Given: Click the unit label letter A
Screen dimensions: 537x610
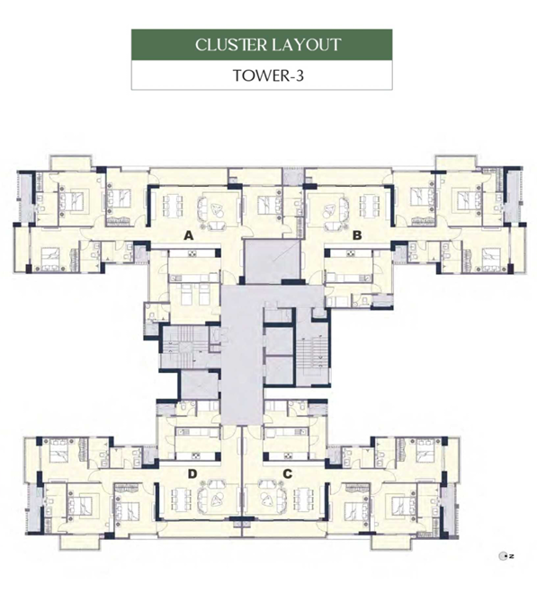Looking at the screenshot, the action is click(x=189, y=235).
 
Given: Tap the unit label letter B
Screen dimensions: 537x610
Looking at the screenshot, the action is click(x=357, y=235).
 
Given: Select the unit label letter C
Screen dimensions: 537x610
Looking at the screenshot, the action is click(x=287, y=473).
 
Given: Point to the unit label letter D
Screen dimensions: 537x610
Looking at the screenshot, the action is click(x=192, y=473).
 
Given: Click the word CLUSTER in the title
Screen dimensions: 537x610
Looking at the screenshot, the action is click(x=230, y=45).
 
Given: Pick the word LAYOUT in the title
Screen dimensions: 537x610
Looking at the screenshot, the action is click(x=307, y=45).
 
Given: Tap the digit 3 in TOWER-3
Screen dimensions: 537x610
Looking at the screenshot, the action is click(x=299, y=75).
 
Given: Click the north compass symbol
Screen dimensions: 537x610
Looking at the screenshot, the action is click(x=506, y=556).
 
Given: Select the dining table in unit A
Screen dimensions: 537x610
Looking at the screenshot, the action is click(x=172, y=203).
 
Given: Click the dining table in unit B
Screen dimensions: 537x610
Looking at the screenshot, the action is click(x=370, y=203).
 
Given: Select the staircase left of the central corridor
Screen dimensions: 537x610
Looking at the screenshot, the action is click(x=183, y=347).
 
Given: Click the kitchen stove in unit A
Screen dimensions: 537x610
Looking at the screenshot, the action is click(x=192, y=254).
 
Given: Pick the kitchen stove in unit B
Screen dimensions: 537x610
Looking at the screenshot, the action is click(x=351, y=254).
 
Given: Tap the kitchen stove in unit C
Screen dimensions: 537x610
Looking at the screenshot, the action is click(x=289, y=455).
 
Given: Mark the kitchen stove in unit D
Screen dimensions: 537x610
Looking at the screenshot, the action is click(x=195, y=455).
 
